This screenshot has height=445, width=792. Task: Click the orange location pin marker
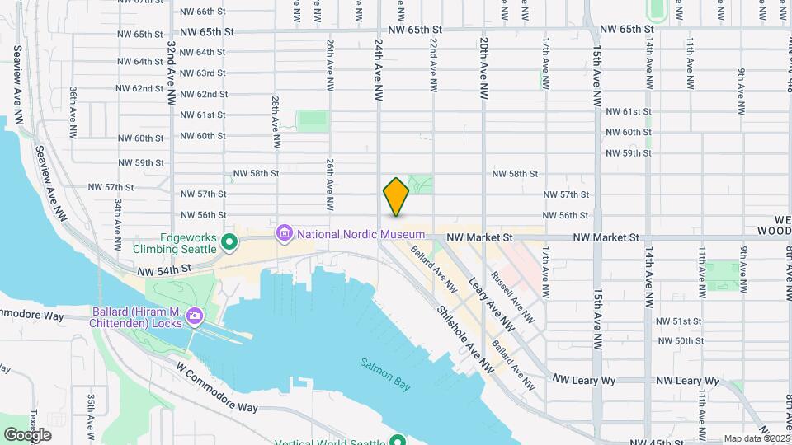tap(396, 196)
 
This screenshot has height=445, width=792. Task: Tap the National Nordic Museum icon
tap(285, 234)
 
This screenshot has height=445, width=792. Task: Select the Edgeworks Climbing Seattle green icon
tap(229, 242)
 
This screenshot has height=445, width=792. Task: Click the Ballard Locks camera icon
tap(194, 316)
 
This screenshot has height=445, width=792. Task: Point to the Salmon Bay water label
tap(384, 365)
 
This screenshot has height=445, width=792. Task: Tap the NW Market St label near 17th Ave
tap(480, 237)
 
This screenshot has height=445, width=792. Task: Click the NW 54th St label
tap(164, 269)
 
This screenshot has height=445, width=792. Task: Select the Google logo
tap(27, 434)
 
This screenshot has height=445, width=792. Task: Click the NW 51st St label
tap(678, 321)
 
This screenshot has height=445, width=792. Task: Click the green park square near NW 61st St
tap(313, 120)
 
